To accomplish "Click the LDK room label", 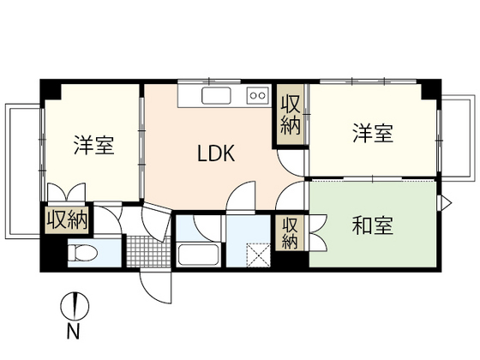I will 210,155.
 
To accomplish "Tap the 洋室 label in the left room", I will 93,144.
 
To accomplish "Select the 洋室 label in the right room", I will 372,134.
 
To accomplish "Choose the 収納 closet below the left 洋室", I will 68,220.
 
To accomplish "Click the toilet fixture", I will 84,254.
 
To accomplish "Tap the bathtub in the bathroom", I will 199,255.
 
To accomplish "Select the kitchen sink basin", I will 213,95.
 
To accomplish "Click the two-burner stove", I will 257,95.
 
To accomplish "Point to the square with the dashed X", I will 257,255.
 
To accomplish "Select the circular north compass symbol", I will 75,304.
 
